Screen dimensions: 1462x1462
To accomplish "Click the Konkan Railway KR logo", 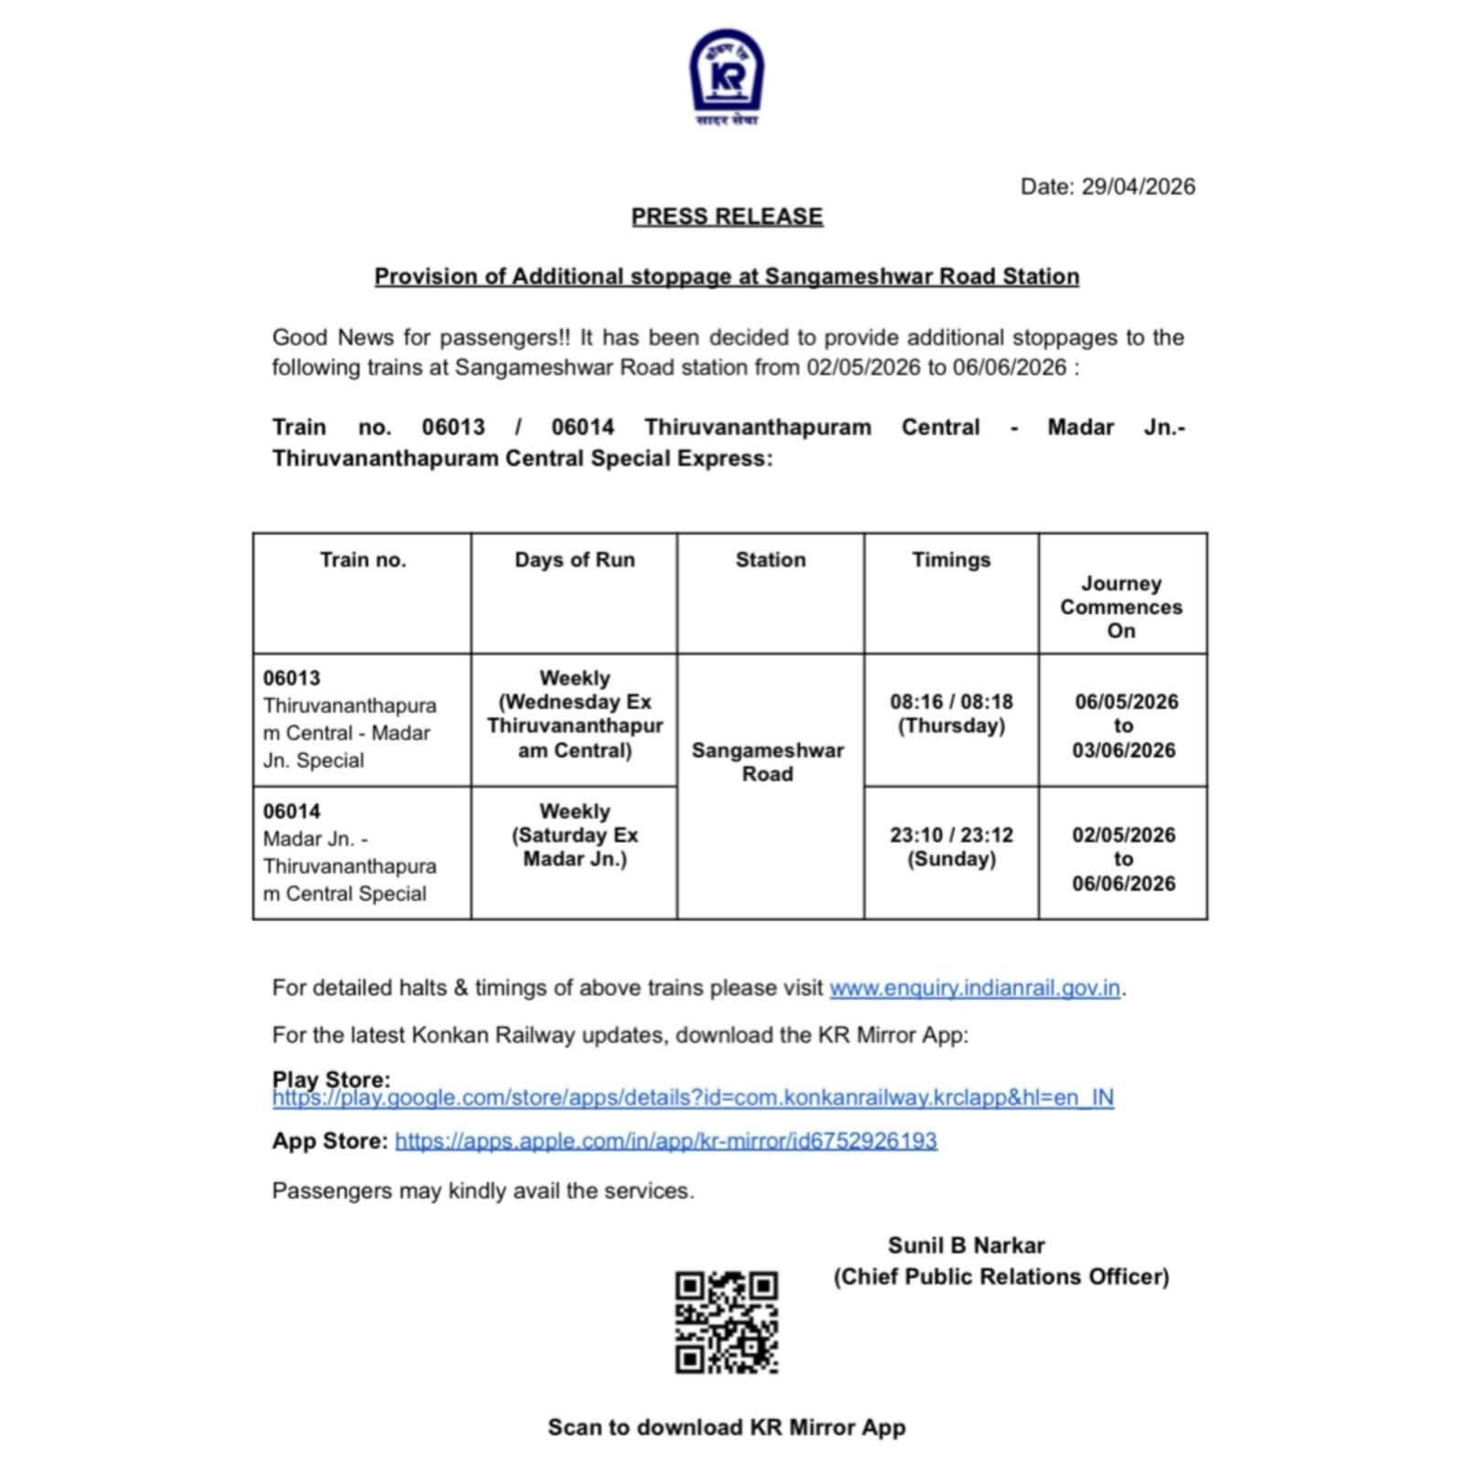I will pos(726,73).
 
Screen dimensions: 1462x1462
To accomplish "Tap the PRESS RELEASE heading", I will pos(726,217).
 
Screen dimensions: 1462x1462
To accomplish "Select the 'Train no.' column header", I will pos(362,560).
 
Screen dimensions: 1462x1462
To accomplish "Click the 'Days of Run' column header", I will pos(574,560).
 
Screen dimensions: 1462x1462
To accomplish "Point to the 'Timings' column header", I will pos(950,560).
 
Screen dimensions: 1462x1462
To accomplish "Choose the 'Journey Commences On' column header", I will pos(1121,607).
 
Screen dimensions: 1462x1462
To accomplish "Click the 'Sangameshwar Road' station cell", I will pos(768,762).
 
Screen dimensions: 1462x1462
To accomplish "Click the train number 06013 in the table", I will pos(291,678).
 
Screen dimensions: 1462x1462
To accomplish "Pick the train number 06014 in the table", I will pos(291,811).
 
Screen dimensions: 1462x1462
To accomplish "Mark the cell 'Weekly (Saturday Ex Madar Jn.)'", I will pos(574,835).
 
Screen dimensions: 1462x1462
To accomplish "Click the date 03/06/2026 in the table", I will pos(1123,750).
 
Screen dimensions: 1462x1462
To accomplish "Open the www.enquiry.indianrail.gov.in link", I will pos(974,988).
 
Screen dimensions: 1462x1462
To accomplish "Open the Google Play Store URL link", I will pos(693,1097).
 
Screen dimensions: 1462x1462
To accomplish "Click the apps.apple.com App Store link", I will pos(665,1140).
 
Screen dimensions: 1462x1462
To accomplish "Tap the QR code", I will pos(726,1321).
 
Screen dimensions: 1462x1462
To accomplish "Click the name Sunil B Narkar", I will pos(966,1245).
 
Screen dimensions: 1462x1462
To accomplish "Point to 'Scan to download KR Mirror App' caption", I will pos(726,1427).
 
